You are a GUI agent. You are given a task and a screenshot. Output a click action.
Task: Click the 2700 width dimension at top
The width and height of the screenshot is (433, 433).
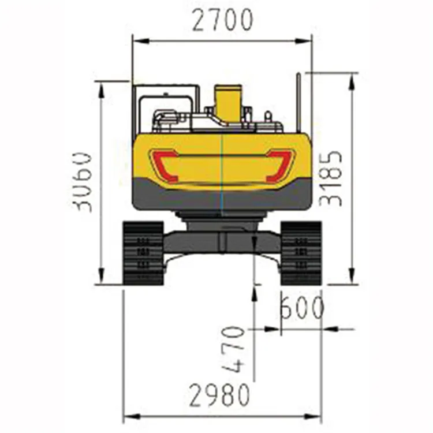[x=222, y=21]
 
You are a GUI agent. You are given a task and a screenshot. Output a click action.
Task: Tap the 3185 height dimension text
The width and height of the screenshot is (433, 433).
[x=332, y=179]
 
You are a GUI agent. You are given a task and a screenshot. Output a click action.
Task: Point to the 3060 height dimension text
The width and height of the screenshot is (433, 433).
[x=84, y=182]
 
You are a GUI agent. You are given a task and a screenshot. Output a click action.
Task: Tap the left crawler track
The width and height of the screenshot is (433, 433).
[x=143, y=253]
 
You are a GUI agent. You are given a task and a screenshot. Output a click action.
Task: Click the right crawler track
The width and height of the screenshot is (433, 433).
[x=301, y=253]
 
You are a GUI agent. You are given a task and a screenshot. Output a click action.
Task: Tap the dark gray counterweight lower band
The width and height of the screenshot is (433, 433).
[x=222, y=196]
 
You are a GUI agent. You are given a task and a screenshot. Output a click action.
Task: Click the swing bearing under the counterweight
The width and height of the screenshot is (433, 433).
[x=222, y=216]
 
